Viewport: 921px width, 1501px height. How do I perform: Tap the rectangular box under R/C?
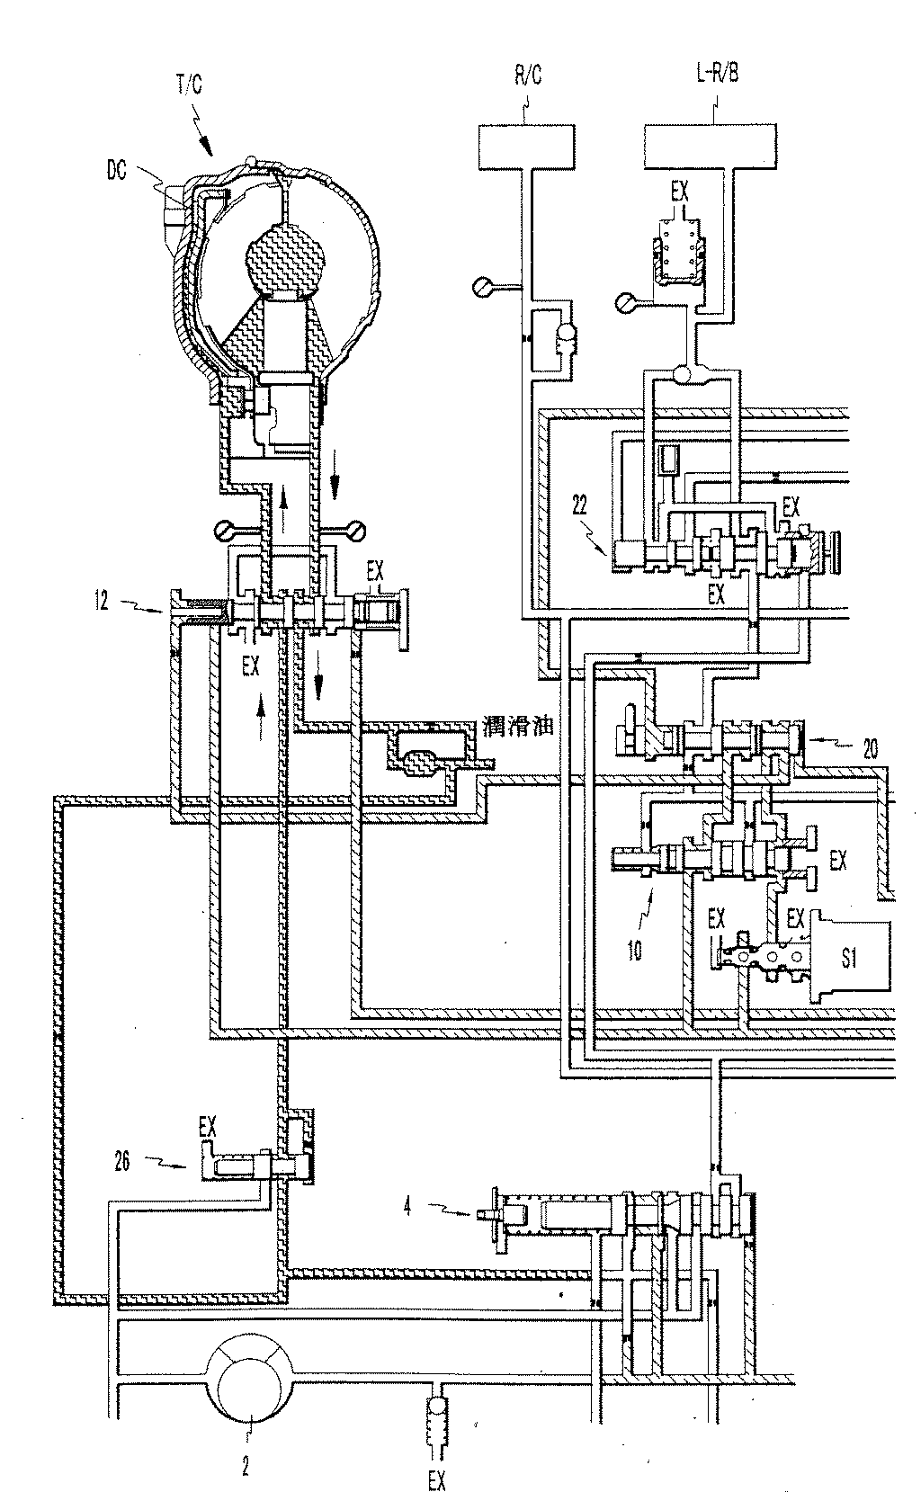point(527,147)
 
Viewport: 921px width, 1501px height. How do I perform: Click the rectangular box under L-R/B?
point(711,147)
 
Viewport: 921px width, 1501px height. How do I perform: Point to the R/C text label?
point(527,77)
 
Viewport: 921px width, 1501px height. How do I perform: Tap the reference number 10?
point(635,950)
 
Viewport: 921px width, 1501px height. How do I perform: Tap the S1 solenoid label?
point(849,960)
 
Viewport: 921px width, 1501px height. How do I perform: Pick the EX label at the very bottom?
point(435,1479)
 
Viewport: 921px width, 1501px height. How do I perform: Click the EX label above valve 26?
point(207,1124)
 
